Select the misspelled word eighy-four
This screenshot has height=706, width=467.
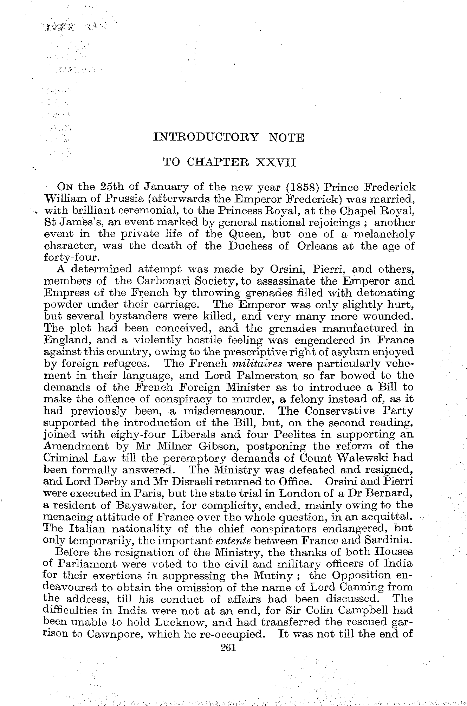[137, 435]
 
